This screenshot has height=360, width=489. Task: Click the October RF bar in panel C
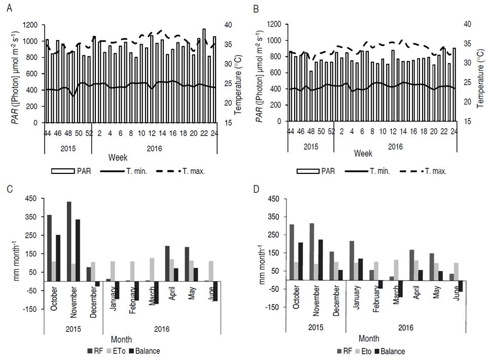click(50, 248)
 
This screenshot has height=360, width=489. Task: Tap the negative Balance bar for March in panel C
click(156, 293)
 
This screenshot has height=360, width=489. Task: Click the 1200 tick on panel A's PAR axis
click(28, 24)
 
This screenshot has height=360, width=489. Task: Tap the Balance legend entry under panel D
click(393, 350)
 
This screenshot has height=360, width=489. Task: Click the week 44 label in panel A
click(48, 133)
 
